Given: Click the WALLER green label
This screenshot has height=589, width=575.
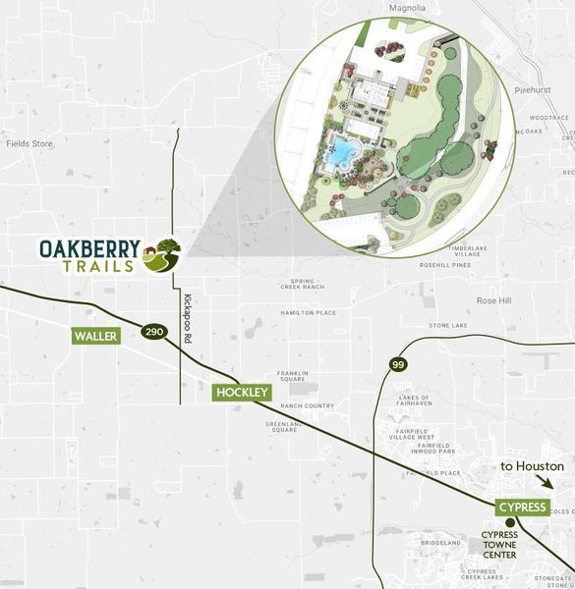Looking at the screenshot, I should tap(96, 336).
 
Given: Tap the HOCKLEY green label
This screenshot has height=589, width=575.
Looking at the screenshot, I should tap(241, 392).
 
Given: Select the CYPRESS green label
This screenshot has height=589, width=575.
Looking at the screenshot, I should tap(521, 507).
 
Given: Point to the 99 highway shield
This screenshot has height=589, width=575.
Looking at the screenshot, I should tap(397, 364).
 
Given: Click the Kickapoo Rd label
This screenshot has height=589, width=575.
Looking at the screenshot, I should tap(187, 318).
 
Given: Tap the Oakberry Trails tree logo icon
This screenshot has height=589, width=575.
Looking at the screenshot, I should tap(162, 256).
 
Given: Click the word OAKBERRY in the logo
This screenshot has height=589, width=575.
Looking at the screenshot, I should tap(88, 248).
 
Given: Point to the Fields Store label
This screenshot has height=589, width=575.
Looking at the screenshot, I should tap(29, 143).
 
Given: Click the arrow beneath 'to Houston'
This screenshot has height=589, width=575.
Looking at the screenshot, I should tap(546, 483).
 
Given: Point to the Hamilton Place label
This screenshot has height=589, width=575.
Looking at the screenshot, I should tap(308, 312).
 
